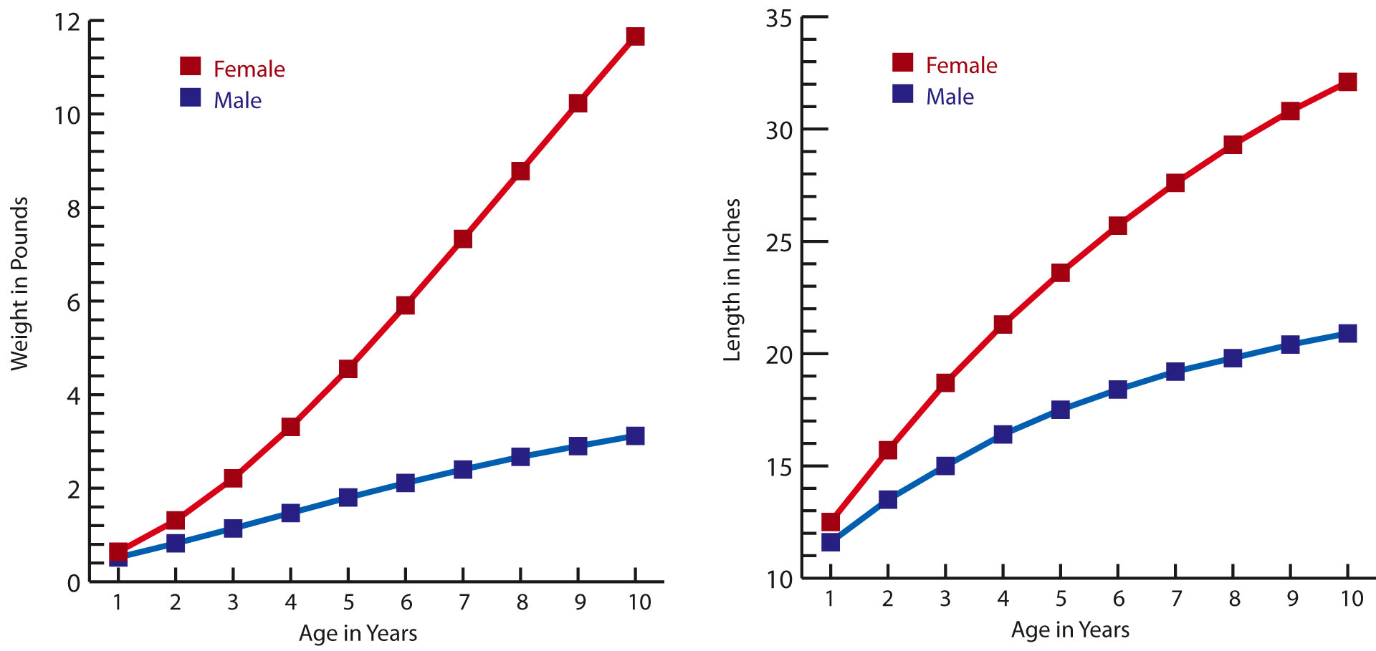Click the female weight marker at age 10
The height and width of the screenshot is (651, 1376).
tap(635, 36)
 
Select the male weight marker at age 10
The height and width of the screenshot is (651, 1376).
tap(635, 435)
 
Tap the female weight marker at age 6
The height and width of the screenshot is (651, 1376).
tap(406, 305)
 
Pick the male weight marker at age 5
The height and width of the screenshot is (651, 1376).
tap(348, 497)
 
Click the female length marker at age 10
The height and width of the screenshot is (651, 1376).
tap(1347, 82)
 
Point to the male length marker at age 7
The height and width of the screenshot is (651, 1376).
tap(1175, 372)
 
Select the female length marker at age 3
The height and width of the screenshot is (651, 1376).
tap(945, 383)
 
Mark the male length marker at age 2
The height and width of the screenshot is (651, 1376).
tap(888, 499)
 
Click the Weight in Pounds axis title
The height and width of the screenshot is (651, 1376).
tap(19, 284)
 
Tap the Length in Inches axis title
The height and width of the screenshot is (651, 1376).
tap(732, 280)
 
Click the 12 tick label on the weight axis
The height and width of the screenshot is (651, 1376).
tap(67, 22)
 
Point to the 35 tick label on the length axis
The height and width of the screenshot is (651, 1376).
tap(778, 19)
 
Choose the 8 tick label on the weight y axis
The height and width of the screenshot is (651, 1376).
tap(74, 209)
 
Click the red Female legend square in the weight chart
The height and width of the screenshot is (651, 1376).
tap(191, 66)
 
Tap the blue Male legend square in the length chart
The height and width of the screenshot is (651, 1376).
tap(903, 94)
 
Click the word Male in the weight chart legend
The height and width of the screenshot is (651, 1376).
tap(237, 100)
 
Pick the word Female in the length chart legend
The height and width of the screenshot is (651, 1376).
tap(961, 66)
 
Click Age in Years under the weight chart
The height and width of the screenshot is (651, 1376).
tap(358, 633)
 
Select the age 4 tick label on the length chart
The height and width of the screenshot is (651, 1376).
tap(1003, 599)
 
